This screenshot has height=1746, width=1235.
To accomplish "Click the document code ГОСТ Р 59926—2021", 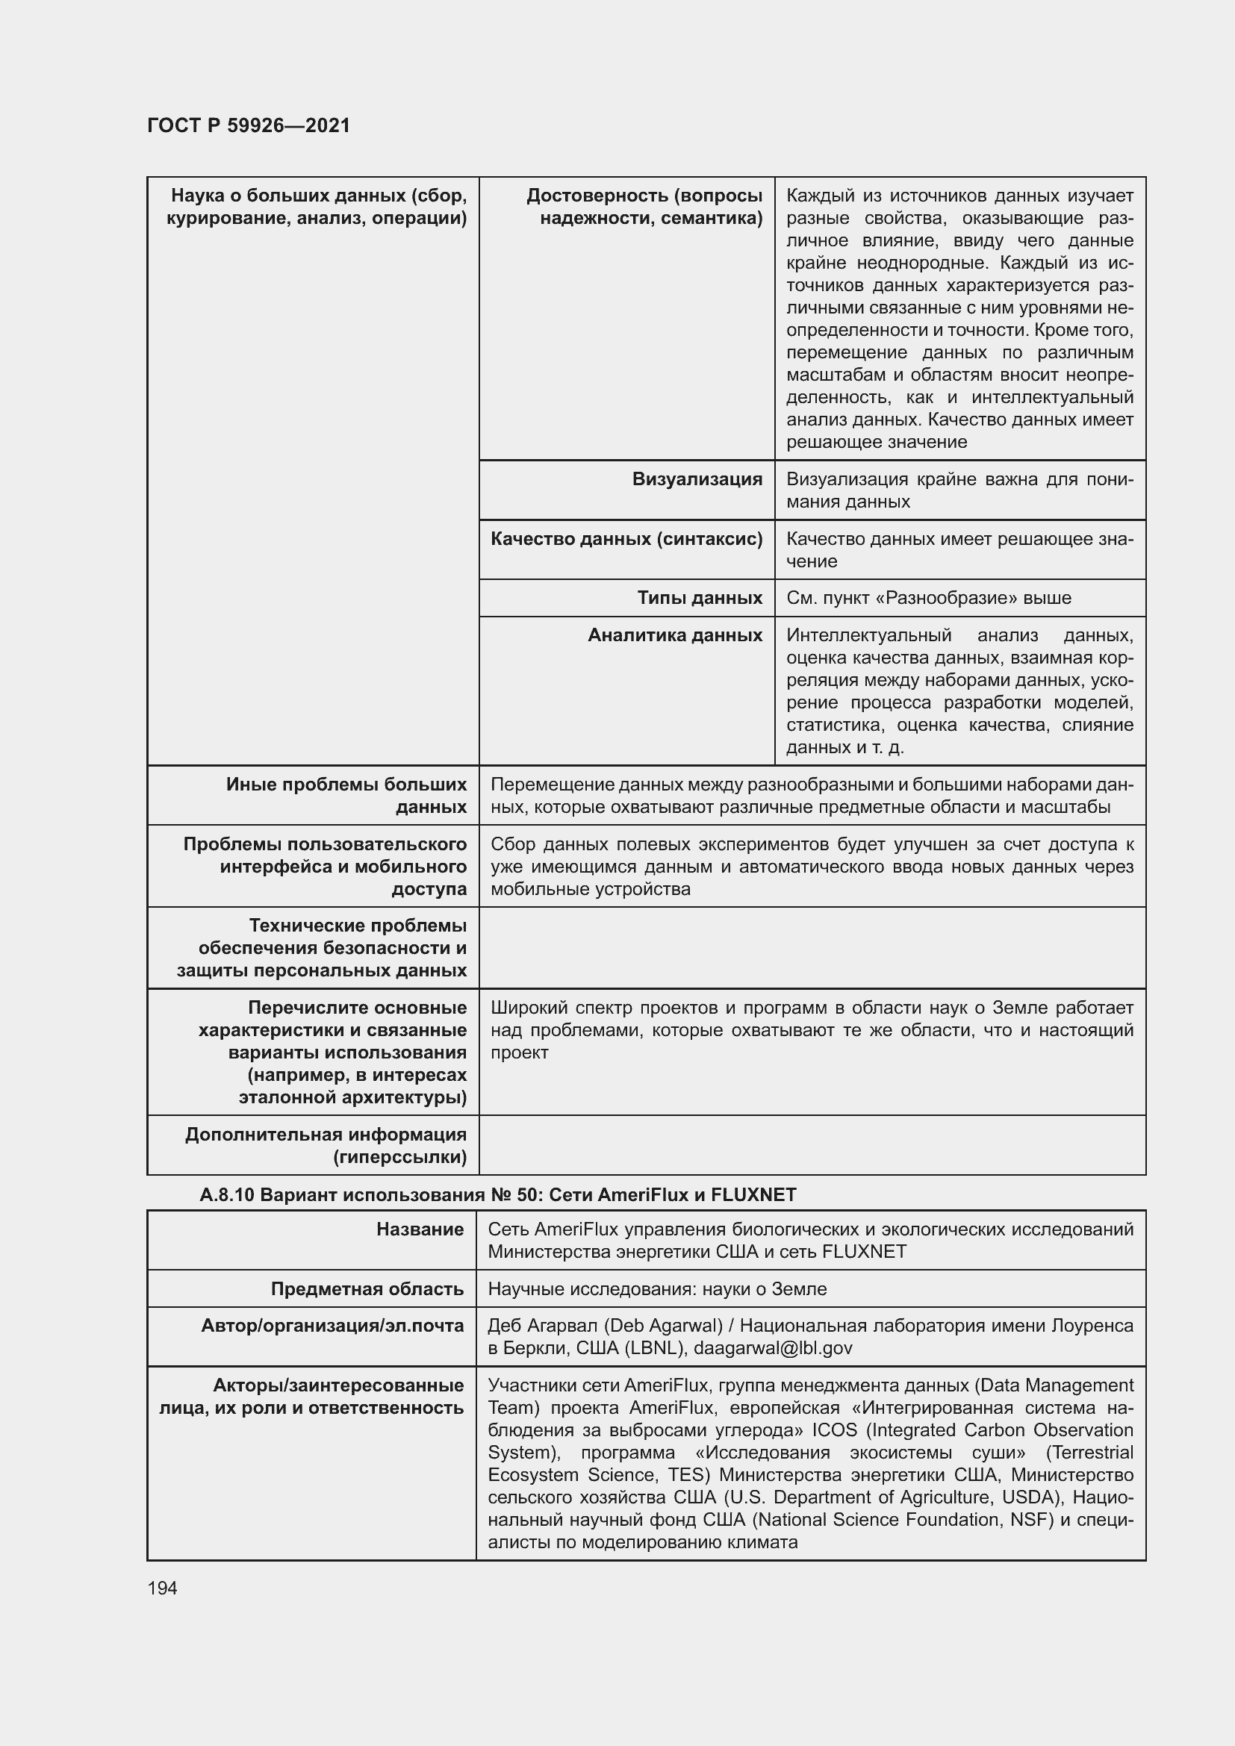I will coord(249,125).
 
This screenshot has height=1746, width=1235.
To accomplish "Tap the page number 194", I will coord(162,1588).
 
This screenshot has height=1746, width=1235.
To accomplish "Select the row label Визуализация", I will coord(697,479).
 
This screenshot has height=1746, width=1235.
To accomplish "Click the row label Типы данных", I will coord(699,598).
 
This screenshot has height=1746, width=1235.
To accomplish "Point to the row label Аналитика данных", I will coord(674,635).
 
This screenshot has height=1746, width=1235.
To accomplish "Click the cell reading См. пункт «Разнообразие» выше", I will coord(928,598).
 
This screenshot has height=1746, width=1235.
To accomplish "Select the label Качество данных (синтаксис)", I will coord(626,539).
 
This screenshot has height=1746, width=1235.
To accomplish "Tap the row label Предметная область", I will coord(367,1289).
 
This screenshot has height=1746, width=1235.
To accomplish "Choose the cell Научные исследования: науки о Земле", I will coord(657,1289).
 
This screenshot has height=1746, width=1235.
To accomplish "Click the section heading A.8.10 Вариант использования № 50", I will coord(497,1194).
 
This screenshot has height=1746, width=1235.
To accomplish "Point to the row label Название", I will coord(420,1229).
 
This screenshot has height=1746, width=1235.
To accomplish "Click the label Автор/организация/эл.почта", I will coord(332,1326).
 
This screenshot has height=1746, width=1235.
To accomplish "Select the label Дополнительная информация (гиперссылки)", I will coord(326,1145).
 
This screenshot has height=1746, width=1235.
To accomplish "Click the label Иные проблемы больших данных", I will coord(346,796).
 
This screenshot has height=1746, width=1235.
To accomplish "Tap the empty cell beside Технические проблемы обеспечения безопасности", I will coord(812,947).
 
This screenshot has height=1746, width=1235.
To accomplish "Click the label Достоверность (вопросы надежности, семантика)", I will coord(644,207).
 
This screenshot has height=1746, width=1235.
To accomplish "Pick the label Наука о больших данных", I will coord(317,207).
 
